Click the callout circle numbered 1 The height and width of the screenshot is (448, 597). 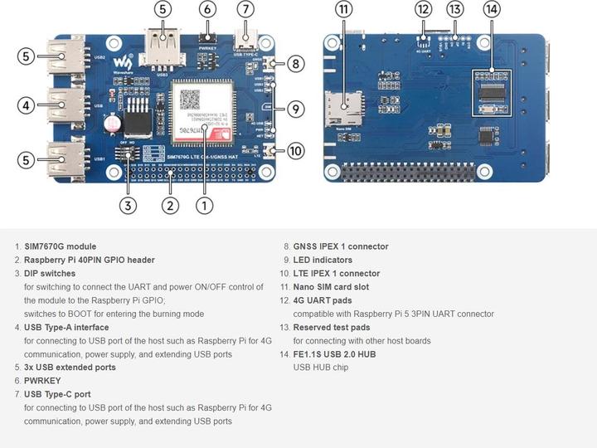tap(203, 204)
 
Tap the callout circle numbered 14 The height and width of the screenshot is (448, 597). tap(492, 10)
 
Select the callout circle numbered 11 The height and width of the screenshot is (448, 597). tap(343, 10)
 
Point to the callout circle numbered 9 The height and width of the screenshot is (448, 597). tap(296, 108)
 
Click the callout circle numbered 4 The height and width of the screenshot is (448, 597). tap(27, 105)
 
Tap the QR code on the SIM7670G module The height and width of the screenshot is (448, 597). tap(191, 98)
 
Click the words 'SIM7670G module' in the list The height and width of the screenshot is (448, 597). tap(60, 246)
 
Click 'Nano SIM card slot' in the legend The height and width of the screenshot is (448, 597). tap(331, 287)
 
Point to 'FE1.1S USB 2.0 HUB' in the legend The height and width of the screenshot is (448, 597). tap(334, 354)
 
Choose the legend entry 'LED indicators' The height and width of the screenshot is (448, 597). tap(323, 260)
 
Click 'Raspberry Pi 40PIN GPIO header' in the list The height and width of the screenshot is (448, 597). tap(89, 260)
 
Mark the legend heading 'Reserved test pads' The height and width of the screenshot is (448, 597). tap(331, 327)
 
